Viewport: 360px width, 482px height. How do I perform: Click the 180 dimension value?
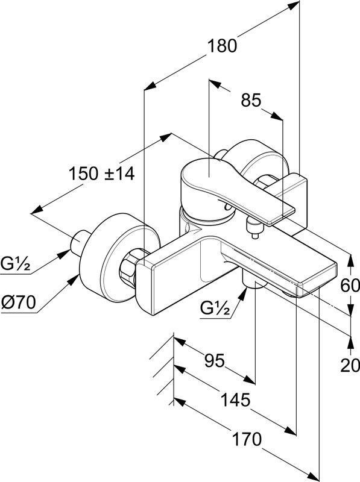coord(223,46)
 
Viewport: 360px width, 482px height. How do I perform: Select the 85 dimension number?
coord(251,100)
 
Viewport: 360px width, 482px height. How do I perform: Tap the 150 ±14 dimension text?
coord(101,173)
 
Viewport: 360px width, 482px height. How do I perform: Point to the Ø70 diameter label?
coord(19,302)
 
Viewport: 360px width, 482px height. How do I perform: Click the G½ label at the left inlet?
coord(16,264)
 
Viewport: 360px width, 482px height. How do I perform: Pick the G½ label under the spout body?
coord(215,308)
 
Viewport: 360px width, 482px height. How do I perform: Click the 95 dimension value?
coord(215,360)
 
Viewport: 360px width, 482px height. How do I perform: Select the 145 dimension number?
coord(235,400)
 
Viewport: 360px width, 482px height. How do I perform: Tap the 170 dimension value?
coord(247,439)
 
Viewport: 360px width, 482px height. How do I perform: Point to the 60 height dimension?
coord(350,286)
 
